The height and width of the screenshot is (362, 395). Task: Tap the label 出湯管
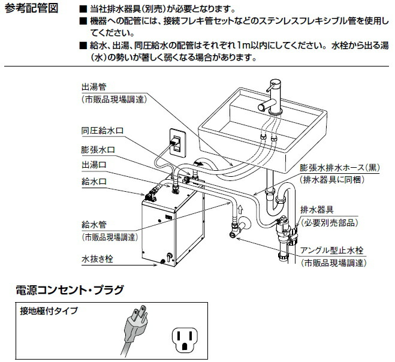point(94,86)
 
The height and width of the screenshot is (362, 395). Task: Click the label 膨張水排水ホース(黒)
point(339,168)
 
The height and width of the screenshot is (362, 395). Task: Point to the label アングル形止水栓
point(334,251)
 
